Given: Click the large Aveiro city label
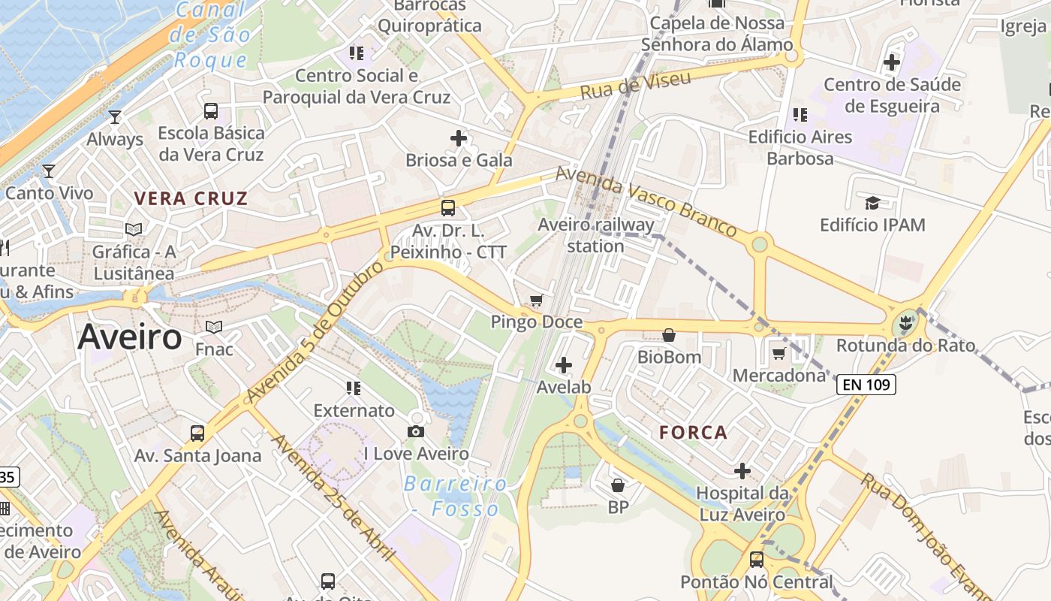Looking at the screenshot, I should pyautogui.click(x=130, y=337).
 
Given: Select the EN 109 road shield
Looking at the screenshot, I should pyautogui.click(x=866, y=385).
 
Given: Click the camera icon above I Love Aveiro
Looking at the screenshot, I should pyautogui.click(x=416, y=431).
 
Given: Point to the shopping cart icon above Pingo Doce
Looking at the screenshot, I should pyautogui.click(x=536, y=300).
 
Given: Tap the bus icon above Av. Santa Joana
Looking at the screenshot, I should pyautogui.click(x=197, y=433).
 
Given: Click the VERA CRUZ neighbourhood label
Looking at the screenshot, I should pyautogui.click(x=191, y=199).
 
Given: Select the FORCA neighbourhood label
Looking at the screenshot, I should pyautogui.click(x=694, y=433).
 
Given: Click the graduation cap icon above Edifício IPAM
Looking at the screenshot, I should pyautogui.click(x=872, y=203).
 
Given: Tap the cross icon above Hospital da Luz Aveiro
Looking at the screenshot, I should pyautogui.click(x=742, y=471).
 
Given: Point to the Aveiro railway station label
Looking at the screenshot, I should pyautogui.click(x=596, y=235).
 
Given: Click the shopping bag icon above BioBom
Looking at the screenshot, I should pyautogui.click(x=669, y=335).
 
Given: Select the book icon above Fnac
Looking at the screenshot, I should pyautogui.click(x=214, y=328).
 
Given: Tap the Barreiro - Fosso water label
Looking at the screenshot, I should pyautogui.click(x=455, y=496).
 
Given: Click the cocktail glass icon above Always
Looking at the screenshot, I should pyautogui.click(x=115, y=117).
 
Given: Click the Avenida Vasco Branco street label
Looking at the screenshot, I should pyautogui.click(x=646, y=201).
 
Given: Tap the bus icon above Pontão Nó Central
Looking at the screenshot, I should pyautogui.click(x=757, y=560).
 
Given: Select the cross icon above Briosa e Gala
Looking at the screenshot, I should pyautogui.click(x=459, y=138).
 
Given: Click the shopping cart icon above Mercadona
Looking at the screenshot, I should pyautogui.click(x=779, y=353).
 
